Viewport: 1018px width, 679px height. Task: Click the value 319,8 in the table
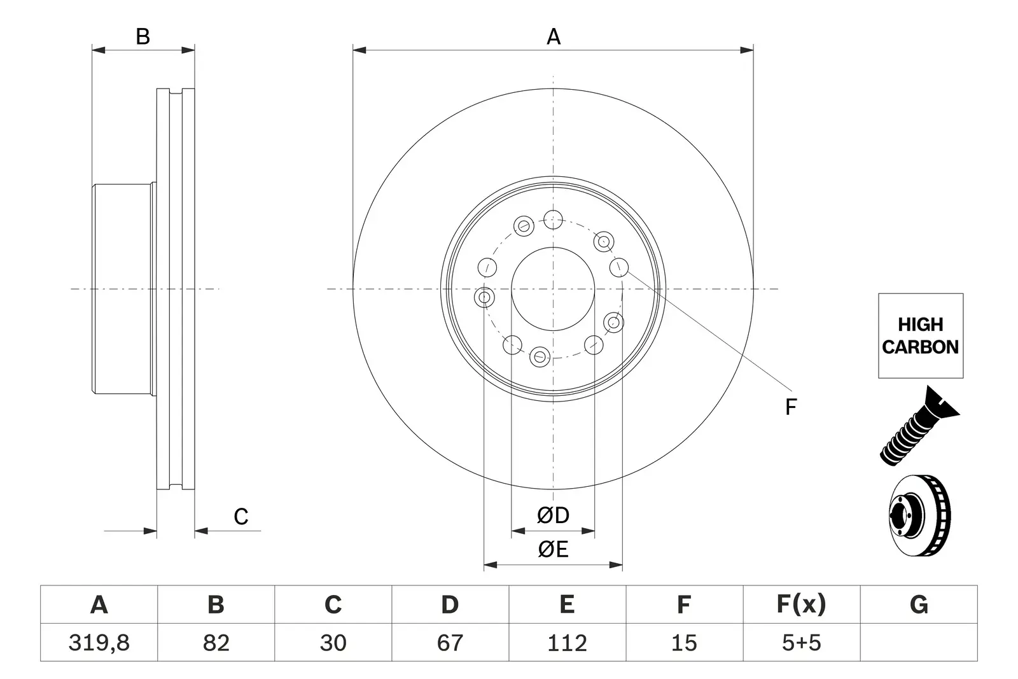[x=99, y=643]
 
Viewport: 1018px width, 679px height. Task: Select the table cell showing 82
[x=216, y=643]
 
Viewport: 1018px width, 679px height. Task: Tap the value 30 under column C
[x=333, y=643]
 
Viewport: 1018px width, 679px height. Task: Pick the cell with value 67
[x=450, y=643]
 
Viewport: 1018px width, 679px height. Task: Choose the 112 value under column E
[x=567, y=643]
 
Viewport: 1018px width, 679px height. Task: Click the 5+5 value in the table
[x=802, y=643]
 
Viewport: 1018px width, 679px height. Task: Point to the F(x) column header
[x=801, y=605]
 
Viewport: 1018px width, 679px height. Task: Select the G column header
[x=919, y=605]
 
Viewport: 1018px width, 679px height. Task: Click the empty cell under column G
[x=919, y=643]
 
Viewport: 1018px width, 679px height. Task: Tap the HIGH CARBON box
[x=921, y=336]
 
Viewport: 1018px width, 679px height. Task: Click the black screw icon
[x=919, y=426]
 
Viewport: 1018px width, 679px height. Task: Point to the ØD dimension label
[x=553, y=515]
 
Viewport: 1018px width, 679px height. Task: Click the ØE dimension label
[x=553, y=549]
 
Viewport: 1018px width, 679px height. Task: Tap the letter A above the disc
[x=553, y=36]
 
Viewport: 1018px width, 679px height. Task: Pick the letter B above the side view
[x=143, y=36]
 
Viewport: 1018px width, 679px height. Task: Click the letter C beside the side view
[x=241, y=517]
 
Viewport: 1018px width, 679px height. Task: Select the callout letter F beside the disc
[x=791, y=407]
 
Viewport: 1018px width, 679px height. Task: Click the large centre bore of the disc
[x=553, y=289]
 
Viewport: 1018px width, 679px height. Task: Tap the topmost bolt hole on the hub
[x=553, y=220]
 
